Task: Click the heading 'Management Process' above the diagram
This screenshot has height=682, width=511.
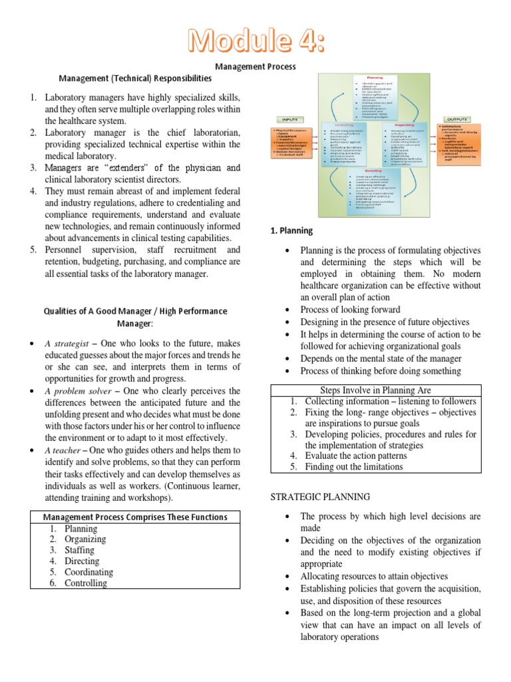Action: pyautogui.click(x=255, y=67)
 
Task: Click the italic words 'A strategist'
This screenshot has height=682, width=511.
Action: pyautogui.click(x=67, y=343)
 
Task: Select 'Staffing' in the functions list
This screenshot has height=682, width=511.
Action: pyautogui.click(x=79, y=550)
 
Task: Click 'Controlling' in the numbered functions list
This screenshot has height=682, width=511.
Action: pyautogui.click(x=85, y=583)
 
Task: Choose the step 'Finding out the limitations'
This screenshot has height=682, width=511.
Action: pyautogui.click(x=353, y=467)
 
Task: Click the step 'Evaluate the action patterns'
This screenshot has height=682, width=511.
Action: pyautogui.click(x=355, y=456)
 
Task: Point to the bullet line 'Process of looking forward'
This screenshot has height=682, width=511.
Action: pyautogui.click(x=350, y=310)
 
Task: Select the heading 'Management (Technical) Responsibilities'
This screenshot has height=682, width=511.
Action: pyautogui.click(x=136, y=78)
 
